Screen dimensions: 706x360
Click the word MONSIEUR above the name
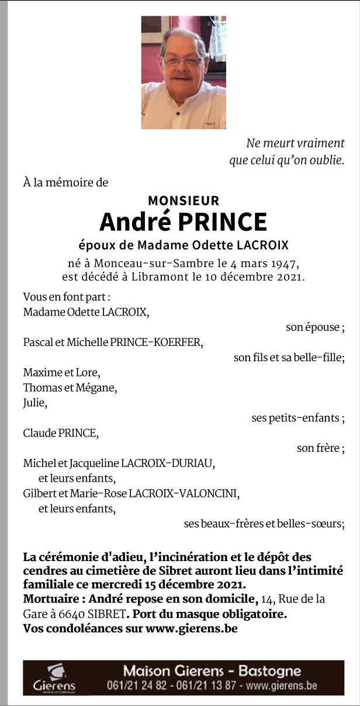184,200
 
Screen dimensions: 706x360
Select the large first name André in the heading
135,222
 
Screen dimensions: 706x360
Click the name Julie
34,403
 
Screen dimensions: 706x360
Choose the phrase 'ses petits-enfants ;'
297,418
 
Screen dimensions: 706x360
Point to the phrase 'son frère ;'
320,448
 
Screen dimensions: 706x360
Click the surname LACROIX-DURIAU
168,463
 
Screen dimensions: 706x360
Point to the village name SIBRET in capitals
106,614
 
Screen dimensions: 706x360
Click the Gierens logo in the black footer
54,677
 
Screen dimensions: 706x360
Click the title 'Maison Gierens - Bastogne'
212,671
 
